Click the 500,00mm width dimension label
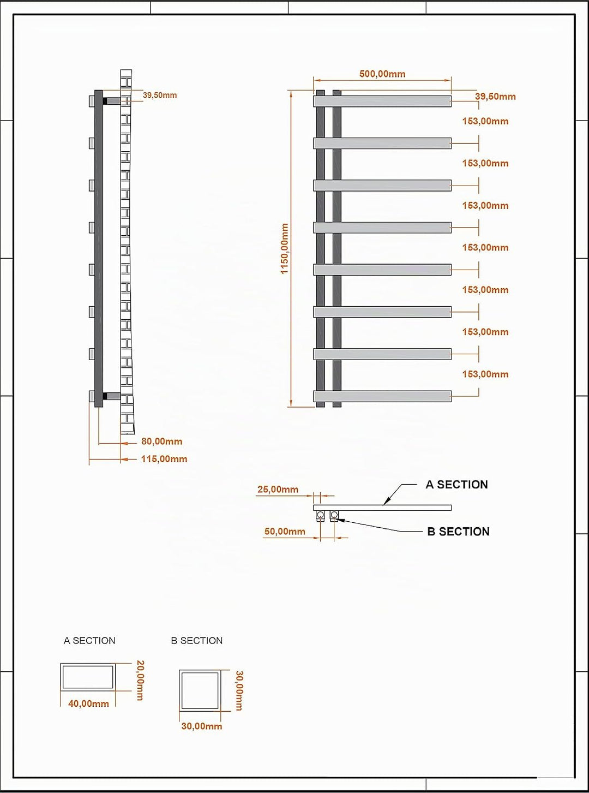tap(382, 74)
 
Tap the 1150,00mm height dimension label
tap(285, 248)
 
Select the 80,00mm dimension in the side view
tap(161, 441)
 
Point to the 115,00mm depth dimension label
tap(164, 458)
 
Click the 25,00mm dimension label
tap(278, 489)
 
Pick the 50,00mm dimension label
tap(285, 531)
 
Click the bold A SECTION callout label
tap(457, 485)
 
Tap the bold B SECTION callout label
tap(459, 532)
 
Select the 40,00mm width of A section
tap(89, 703)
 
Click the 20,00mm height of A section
tap(140, 680)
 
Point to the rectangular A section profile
tap(88, 664)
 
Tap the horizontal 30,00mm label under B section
tap(202, 726)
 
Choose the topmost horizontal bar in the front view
tap(382, 101)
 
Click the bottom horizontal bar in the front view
tap(382, 396)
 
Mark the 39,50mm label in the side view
tap(160, 95)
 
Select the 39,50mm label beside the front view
tap(495, 96)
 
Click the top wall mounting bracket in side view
tap(111, 101)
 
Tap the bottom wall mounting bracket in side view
tap(111, 396)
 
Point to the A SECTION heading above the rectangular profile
tap(89, 640)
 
